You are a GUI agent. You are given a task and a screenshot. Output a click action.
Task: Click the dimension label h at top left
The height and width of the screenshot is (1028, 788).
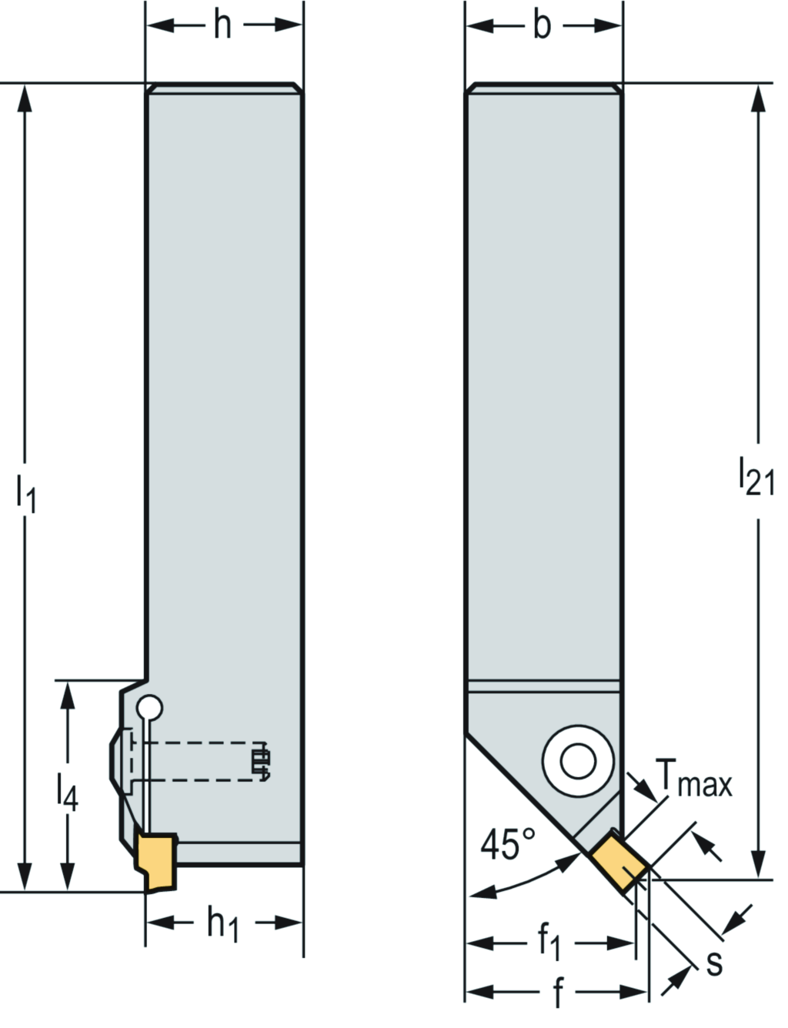pos(222,25)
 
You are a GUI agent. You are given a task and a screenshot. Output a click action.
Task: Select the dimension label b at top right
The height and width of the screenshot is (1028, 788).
pos(543,25)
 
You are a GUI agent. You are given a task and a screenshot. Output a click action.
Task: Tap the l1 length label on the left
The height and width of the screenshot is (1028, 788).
pos(25,496)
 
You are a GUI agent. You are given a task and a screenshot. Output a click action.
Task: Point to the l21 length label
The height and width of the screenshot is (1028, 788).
pos(756,476)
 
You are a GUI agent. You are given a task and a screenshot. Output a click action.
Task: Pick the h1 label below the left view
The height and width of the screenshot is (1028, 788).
pos(222,923)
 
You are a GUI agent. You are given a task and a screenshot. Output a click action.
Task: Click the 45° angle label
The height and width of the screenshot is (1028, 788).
pos(507,846)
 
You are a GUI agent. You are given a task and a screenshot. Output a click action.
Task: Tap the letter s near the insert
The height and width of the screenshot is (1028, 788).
pos(714,963)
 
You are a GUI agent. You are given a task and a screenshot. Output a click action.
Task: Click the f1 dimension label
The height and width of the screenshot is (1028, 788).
pos(549,942)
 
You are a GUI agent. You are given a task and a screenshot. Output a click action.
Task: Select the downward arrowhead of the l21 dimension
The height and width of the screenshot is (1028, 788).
pos(759,866)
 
